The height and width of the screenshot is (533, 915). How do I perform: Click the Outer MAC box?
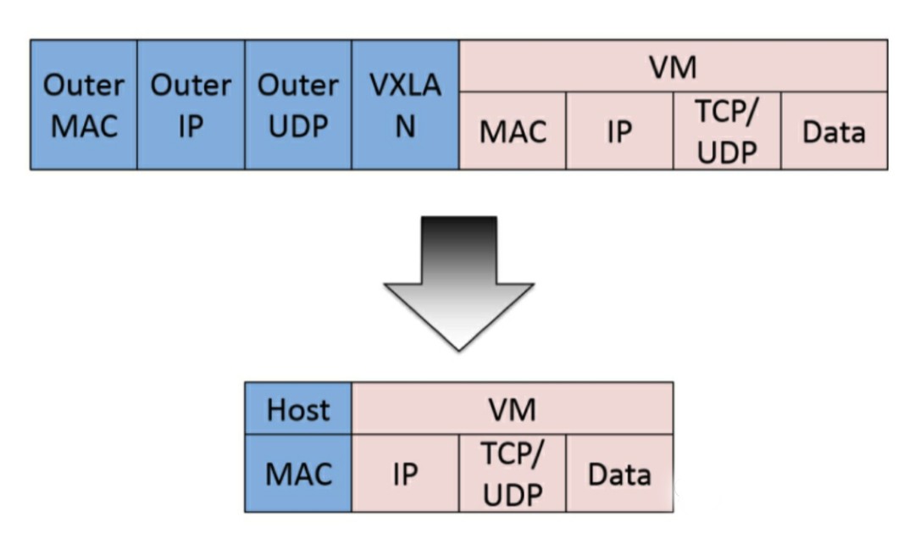[83, 104]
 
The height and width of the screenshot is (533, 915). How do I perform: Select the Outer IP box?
[191, 104]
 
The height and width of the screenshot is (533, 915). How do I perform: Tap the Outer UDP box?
[298, 104]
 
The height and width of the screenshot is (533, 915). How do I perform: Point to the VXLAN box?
[405, 104]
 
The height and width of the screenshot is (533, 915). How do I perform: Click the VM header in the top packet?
[673, 67]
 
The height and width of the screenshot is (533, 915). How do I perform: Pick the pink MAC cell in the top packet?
[513, 132]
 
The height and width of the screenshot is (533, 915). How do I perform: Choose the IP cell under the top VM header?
[619, 132]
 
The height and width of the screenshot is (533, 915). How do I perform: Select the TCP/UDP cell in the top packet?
[727, 132]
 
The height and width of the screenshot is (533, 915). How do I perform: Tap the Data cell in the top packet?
[834, 132]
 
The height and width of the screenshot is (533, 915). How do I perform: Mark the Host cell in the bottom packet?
[297, 409]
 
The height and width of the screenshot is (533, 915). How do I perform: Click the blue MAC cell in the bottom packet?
[297, 474]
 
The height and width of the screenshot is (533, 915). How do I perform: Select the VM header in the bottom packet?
[512, 409]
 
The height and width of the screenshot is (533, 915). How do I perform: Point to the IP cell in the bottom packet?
[405, 474]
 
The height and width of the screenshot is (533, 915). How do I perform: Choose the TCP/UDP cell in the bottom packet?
[512, 474]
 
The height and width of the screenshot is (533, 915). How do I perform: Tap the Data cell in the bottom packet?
[619, 474]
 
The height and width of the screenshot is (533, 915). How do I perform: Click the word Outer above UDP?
[298, 86]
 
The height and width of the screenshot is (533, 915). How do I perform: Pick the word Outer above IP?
[191, 86]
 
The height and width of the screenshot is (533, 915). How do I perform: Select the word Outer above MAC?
[83, 86]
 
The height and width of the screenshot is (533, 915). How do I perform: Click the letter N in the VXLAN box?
[405, 128]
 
